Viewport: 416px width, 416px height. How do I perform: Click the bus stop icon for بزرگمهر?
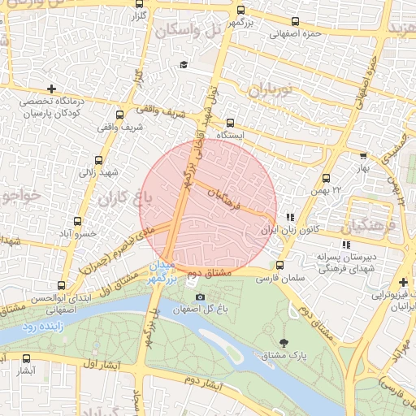pos(240,11)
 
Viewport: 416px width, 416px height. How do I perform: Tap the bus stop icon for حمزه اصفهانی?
pos(294,22)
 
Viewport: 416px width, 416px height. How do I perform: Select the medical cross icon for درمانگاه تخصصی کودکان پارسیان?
pos(52,88)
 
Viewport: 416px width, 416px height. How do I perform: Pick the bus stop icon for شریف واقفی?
pos(120,115)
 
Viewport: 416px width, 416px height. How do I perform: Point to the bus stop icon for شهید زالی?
pos(99,160)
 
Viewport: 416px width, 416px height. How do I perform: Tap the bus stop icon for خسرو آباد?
pos(78,221)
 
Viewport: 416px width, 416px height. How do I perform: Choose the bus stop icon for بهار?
pos(363,156)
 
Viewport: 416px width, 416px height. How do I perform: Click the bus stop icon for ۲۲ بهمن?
pos(327,178)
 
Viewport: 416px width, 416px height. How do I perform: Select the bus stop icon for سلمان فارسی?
pos(280,265)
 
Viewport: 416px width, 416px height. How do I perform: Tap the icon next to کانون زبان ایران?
pos(290,217)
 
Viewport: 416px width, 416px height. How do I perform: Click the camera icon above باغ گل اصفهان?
pos(200,297)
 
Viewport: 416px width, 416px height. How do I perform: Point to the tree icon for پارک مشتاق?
pos(283,343)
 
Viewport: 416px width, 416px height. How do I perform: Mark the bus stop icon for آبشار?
pos(27,358)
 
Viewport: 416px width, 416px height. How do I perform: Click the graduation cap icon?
pos(184,64)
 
